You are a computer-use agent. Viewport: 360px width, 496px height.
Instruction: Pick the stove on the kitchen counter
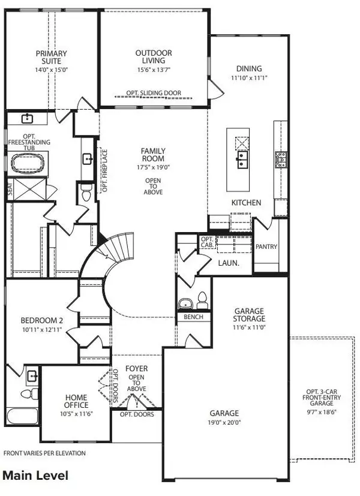click(x=280, y=158)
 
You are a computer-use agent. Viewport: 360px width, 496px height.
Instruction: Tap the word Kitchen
click(x=247, y=203)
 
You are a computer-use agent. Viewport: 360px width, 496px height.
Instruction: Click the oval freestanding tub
click(x=29, y=162)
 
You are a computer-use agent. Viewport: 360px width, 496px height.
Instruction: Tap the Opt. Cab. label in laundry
click(x=206, y=242)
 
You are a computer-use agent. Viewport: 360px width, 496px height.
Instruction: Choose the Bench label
click(x=193, y=317)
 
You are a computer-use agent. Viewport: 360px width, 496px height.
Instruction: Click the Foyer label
click(x=136, y=368)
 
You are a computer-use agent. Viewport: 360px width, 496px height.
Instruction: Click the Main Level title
click(x=36, y=476)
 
